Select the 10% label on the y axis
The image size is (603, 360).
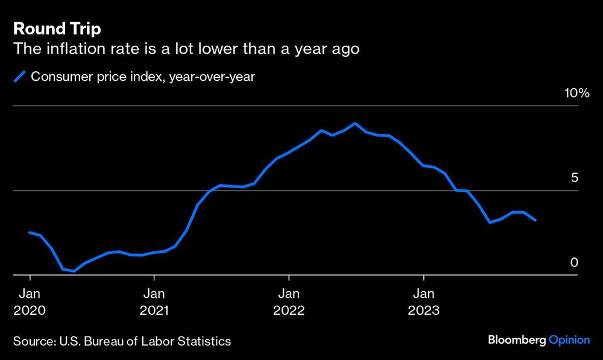(576, 93)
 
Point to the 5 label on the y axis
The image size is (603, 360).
(574, 178)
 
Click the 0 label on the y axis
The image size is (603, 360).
(574, 262)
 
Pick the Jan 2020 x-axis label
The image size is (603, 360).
(30, 302)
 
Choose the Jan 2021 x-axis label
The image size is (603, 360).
(154, 302)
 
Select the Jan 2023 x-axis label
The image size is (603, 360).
(424, 302)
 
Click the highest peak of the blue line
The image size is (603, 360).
(355, 123)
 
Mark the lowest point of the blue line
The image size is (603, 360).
(74, 271)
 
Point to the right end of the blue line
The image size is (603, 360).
(536, 221)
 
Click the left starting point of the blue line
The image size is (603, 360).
(30, 232)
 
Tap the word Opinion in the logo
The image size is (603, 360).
(569, 341)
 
